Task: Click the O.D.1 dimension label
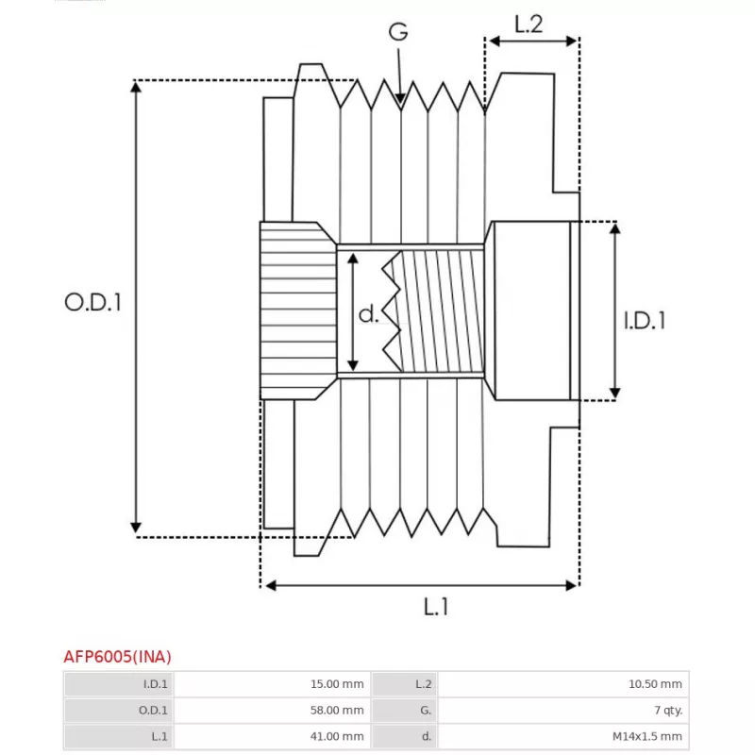[x=93, y=303]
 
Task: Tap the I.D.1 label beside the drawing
[x=645, y=321]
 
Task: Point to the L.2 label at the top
[x=528, y=25]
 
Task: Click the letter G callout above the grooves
[x=399, y=31]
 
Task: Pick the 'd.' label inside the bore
[x=369, y=313]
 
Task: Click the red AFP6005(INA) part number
[x=117, y=656]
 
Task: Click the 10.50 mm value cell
[x=658, y=684]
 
